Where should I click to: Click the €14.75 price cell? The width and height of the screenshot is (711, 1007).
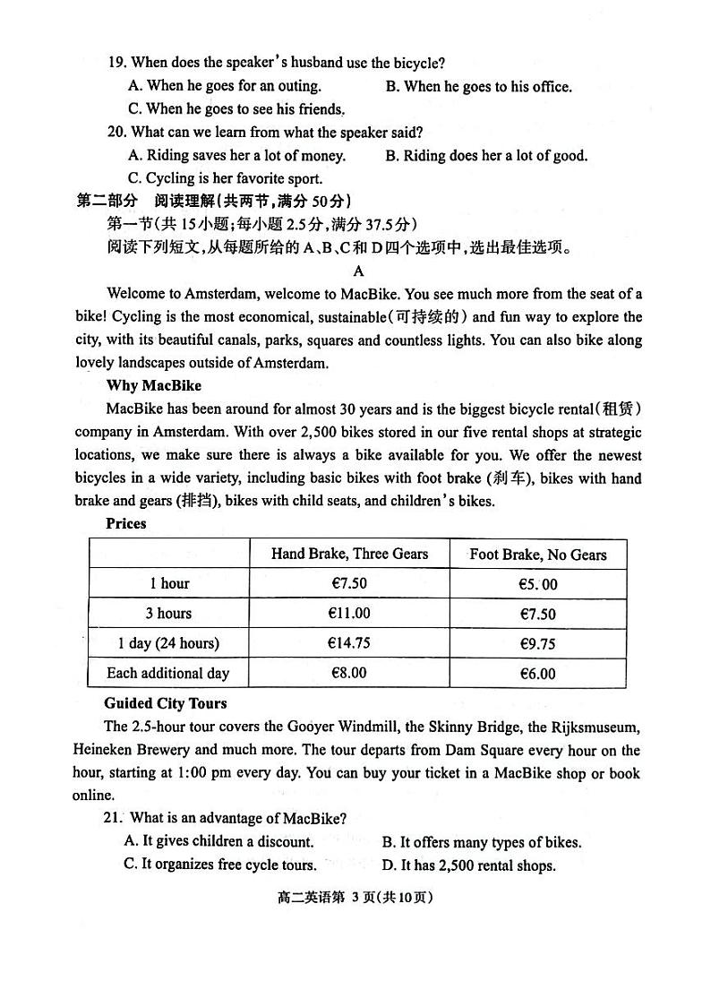(x=349, y=643)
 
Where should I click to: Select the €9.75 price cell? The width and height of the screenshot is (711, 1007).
(x=537, y=643)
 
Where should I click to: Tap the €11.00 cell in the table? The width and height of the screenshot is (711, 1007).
(x=349, y=614)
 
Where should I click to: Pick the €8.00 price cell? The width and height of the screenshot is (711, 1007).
(x=349, y=673)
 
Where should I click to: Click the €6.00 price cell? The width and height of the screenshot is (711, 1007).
(x=537, y=674)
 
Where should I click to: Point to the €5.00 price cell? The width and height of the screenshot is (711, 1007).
(x=537, y=584)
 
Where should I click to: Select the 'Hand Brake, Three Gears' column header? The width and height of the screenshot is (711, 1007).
(x=349, y=554)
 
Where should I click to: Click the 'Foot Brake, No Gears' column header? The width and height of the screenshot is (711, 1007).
(x=537, y=555)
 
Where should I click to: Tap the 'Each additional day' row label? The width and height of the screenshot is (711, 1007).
(x=168, y=673)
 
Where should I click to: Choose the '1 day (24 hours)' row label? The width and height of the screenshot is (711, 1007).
(x=168, y=643)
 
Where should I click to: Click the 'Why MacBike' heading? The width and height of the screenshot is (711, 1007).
(x=153, y=386)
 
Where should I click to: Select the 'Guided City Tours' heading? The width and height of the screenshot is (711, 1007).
(x=166, y=703)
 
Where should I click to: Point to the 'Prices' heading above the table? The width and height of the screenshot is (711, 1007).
(x=125, y=523)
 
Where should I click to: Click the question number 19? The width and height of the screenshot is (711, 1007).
(x=116, y=63)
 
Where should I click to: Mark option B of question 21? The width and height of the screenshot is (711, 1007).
(x=481, y=842)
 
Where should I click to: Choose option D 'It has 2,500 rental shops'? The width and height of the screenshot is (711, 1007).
(x=468, y=865)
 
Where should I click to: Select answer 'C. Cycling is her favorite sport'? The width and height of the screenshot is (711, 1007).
(x=225, y=178)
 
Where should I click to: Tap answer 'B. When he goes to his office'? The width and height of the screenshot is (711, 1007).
(x=478, y=87)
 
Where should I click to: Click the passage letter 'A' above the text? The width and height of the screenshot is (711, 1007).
(x=359, y=271)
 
